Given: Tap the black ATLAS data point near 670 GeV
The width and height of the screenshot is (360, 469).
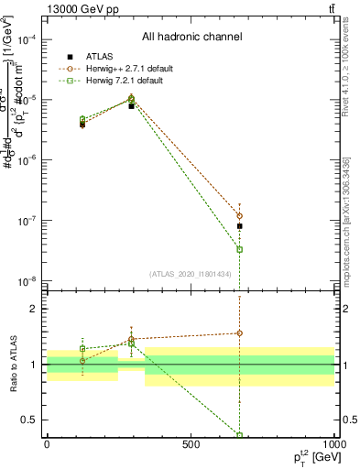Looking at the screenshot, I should pyautogui.click(x=239, y=225).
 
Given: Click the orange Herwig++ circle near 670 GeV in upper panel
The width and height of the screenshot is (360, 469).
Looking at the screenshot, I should pyautogui.click(x=239, y=216).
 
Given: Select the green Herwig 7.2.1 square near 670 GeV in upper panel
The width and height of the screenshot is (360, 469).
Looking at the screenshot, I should pyautogui.click(x=239, y=249).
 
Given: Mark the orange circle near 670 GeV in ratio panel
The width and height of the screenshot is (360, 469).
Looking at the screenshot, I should pyautogui.click(x=239, y=333).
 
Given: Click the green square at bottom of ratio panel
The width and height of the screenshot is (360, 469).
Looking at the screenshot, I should pyautogui.click(x=239, y=435).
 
